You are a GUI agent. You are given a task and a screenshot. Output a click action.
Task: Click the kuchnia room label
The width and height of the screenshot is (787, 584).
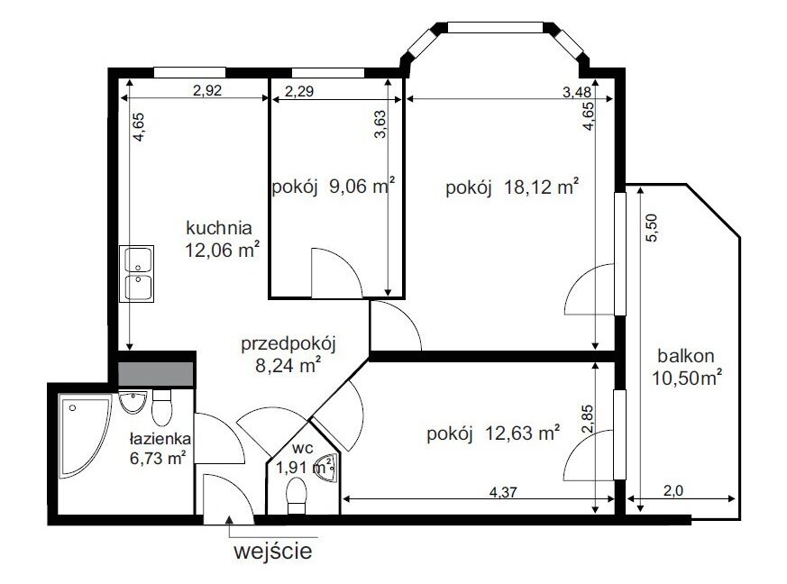[219, 228]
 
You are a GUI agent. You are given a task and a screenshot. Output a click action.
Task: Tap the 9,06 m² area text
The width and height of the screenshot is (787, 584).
[361, 187]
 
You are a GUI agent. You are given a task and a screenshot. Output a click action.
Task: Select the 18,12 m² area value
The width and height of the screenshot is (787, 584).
[541, 187]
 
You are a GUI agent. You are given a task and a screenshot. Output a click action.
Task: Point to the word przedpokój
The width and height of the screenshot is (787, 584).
[288, 344]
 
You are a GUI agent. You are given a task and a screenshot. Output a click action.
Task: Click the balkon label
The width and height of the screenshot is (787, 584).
[686, 356]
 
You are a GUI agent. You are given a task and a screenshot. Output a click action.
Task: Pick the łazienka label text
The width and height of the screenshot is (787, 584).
[160, 439]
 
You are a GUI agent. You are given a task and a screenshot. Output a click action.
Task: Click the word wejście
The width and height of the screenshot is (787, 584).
[272, 552]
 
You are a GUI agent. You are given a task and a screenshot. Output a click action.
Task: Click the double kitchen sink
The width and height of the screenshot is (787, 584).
[136, 274]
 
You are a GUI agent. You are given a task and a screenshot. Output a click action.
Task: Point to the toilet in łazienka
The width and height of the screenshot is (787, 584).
[161, 408]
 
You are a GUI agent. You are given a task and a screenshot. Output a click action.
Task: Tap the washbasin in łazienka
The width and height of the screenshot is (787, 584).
[133, 402]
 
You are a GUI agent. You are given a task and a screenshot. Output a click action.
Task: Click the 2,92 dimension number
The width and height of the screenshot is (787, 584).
[207, 90]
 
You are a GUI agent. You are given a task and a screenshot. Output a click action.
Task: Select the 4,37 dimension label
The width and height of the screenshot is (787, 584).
[502, 492]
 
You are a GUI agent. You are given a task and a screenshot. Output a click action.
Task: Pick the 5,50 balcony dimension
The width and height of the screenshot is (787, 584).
[651, 228]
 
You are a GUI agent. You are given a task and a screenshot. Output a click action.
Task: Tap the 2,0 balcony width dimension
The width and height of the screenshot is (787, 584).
[673, 490]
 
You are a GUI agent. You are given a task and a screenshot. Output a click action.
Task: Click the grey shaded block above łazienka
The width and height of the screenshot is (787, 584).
[156, 374]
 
